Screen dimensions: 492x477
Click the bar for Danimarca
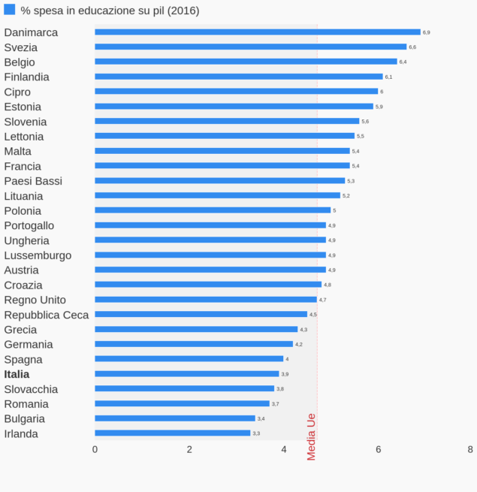pos(257,32)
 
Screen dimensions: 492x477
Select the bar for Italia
pos(186,373)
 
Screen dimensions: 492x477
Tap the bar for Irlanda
pos(172,433)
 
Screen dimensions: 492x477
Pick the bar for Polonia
pos(213,210)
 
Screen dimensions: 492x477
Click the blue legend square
pos(10,10)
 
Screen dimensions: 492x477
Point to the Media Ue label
pos(312,436)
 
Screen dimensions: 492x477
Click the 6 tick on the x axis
pos(379,449)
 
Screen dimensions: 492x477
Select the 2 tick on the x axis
pos(189,449)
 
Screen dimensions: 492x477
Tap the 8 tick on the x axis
pos(470,449)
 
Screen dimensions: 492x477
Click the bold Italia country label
pos(17,374)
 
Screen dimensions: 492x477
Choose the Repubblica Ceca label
pos(47,315)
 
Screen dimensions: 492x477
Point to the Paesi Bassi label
pos(33,181)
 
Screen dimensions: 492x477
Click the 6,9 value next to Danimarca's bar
pos(427,32)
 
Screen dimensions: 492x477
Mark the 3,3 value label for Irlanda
pos(256,433)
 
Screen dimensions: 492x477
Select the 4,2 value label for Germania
pos(299,344)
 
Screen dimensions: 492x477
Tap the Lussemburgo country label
pos(38,255)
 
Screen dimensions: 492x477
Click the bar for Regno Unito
pos(205,299)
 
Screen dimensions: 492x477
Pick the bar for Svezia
pos(250,47)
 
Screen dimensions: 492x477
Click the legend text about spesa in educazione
pos(110,11)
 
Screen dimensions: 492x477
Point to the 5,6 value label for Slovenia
pos(365,121)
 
